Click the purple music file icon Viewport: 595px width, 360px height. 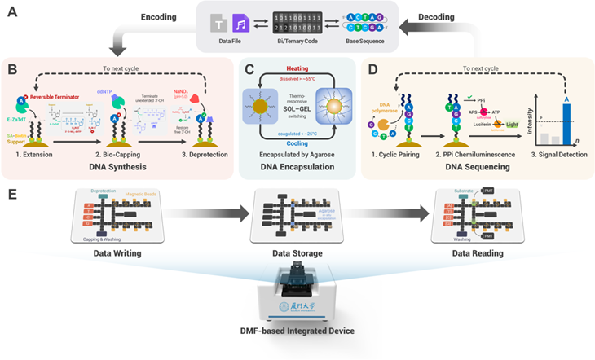(240, 25)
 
